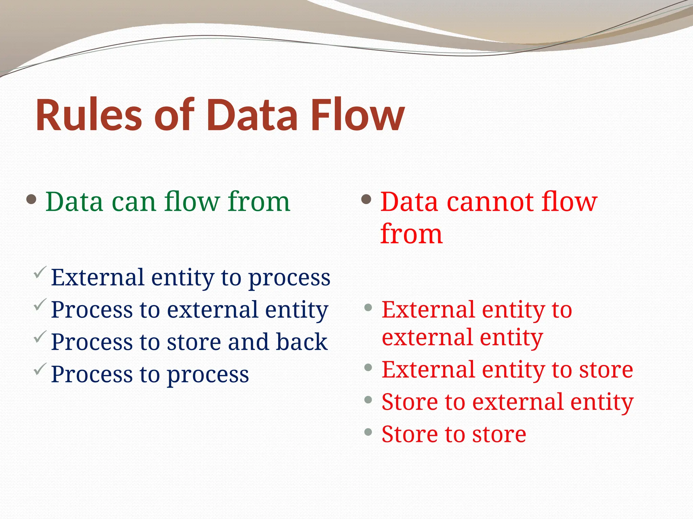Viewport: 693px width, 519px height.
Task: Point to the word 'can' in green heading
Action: point(134,202)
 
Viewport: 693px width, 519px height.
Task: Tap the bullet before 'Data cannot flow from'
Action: point(366,199)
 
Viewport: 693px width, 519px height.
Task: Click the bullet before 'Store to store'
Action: point(368,432)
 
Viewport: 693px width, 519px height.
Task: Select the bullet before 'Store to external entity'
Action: point(368,400)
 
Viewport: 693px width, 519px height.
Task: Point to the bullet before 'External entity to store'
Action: point(368,367)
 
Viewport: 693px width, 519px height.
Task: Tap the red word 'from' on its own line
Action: point(411,234)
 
